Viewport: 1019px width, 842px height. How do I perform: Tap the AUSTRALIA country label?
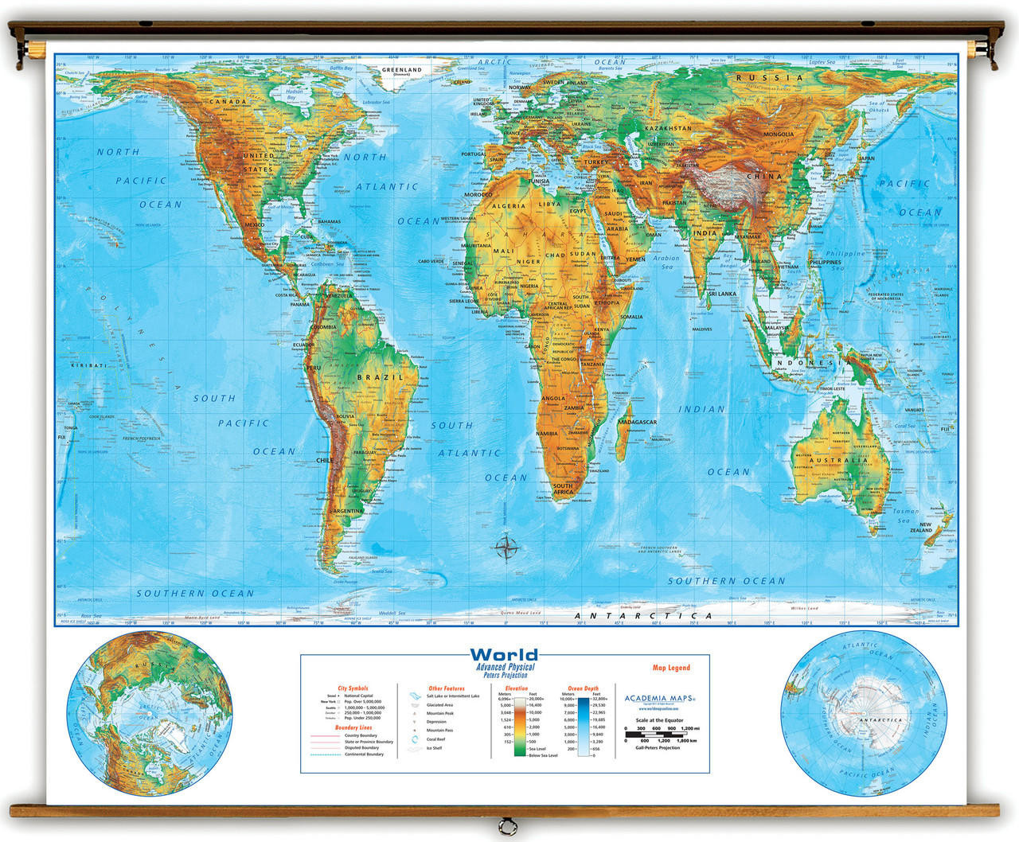point(838,460)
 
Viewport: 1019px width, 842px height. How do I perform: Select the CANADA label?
point(228,102)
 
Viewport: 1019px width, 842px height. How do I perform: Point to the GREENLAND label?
point(401,70)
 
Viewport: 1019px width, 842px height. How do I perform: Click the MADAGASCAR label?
point(637,422)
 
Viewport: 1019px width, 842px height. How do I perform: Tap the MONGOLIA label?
point(779,134)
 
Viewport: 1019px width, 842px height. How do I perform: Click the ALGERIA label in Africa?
point(508,206)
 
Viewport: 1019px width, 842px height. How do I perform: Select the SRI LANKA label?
point(722,294)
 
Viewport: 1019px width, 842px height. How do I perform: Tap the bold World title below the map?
point(503,656)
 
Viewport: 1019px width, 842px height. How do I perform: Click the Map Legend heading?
point(671,668)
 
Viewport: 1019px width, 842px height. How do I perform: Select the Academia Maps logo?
point(659,699)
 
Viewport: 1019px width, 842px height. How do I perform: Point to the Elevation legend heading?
point(516,688)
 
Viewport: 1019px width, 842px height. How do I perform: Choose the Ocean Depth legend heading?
point(582,688)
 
